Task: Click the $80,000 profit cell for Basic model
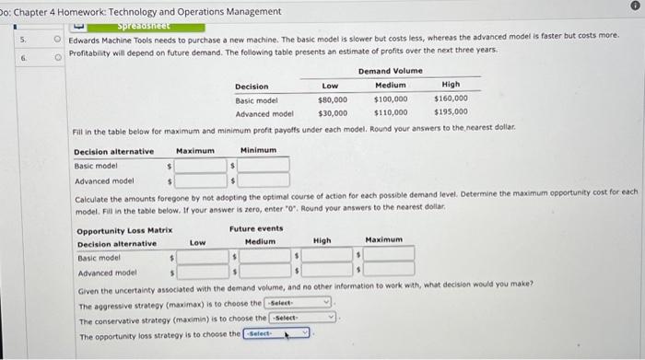click(332, 99)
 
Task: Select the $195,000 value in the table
click(451, 112)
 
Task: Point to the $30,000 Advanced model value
click(332, 112)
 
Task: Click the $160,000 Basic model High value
click(451, 99)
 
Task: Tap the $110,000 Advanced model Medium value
click(391, 112)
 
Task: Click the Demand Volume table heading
click(391, 71)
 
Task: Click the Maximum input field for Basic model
click(200, 166)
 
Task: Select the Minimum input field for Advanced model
click(264, 180)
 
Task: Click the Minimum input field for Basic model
click(264, 166)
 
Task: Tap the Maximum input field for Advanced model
click(200, 180)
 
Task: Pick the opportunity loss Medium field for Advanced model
click(265, 273)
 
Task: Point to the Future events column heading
click(256, 229)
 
